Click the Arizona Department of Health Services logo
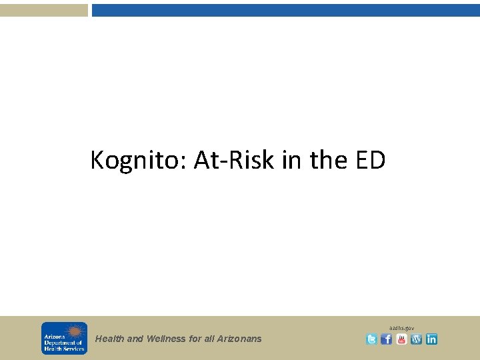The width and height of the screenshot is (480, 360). pyautogui.click(x=64, y=338)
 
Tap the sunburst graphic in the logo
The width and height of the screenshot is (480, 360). pyautogui.click(x=74, y=331)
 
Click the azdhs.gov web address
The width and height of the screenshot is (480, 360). pyautogui.click(x=403, y=328)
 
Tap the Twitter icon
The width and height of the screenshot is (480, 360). pyautogui.click(x=371, y=339)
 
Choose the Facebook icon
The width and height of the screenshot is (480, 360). pyautogui.click(x=387, y=339)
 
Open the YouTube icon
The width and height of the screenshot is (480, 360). pyautogui.click(x=401, y=339)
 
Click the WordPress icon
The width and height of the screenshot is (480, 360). pyautogui.click(x=417, y=339)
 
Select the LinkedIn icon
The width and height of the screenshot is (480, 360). pyautogui.click(x=431, y=339)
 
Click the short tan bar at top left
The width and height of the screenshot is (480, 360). pyautogui.click(x=43, y=10)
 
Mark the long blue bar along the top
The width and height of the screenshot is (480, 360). pyautogui.click(x=285, y=10)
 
